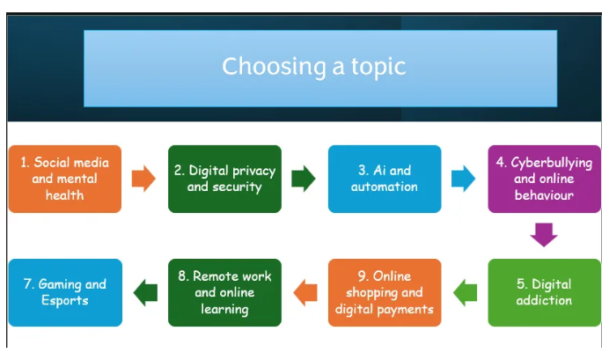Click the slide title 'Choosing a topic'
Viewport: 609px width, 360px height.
tap(314, 66)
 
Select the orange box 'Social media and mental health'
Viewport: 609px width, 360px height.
tap(65, 179)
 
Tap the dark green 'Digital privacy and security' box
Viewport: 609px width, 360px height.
tap(225, 179)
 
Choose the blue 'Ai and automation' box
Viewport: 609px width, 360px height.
tap(385, 179)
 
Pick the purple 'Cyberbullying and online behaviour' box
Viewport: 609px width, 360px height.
tap(544, 179)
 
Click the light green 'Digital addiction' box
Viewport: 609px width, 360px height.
tap(544, 292)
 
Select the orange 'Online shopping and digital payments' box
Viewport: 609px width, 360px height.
tap(385, 292)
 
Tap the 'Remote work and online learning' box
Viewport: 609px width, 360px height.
tap(225, 292)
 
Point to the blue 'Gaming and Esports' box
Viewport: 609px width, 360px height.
tap(65, 292)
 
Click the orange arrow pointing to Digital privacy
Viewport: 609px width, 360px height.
tap(143, 179)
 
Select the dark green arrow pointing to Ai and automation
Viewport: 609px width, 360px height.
tap(304, 179)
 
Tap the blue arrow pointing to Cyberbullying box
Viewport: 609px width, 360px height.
tap(464, 179)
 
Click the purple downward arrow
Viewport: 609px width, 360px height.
tap(544, 234)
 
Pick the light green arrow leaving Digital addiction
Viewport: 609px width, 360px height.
tap(465, 292)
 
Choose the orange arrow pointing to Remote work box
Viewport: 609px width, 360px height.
tap(305, 292)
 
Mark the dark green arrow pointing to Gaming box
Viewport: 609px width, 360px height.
tap(145, 292)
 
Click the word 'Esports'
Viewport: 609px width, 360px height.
tap(65, 300)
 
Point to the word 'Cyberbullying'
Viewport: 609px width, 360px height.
tap(552, 163)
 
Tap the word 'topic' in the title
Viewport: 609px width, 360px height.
tap(378, 67)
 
